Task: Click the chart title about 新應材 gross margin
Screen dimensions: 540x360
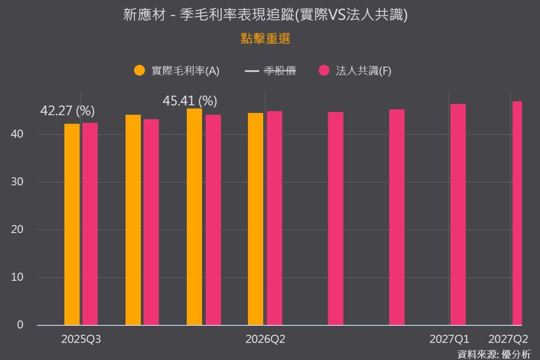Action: (265, 15)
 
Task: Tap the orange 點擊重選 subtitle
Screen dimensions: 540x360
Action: (265, 39)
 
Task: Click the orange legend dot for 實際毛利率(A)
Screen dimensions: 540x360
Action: (139, 70)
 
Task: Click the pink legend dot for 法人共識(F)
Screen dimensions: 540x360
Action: (324, 70)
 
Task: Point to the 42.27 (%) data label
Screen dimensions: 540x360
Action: (67, 111)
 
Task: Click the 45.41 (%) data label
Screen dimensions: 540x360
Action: (190, 101)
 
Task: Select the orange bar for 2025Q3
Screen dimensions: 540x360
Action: (72, 225)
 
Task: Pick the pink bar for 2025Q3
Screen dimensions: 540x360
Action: (90, 224)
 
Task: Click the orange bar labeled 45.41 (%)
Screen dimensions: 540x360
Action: (194, 217)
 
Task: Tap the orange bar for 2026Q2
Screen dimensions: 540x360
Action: (256, 219)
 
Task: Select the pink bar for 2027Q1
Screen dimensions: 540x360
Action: (458, 215)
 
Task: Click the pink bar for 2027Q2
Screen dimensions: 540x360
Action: (517, 213)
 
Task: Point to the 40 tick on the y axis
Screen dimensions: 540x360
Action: (17, 134)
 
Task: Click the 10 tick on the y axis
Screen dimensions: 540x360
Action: (17, 277)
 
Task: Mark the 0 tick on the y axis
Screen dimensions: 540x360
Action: (20, 325)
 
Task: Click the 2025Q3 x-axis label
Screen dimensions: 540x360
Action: (81, 339)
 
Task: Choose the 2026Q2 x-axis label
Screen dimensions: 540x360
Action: (265, 339)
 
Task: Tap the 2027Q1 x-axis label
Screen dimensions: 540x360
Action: (450, 339)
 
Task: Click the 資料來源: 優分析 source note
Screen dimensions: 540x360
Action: (494, 355)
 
